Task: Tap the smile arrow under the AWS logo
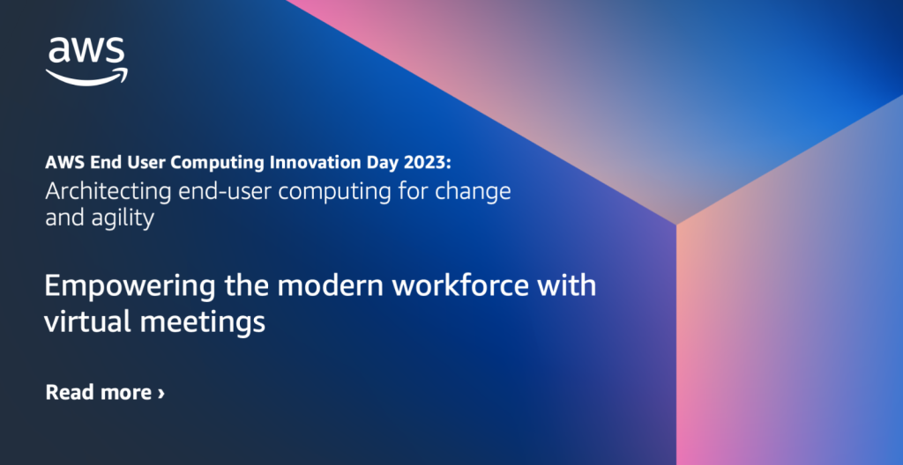(x=87, y=77)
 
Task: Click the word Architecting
(x=108, y=192)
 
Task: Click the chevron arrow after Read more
(x=161, y=394)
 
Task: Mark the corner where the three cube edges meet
(x=676, y=224)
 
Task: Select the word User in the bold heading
(x=153, y=163)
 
